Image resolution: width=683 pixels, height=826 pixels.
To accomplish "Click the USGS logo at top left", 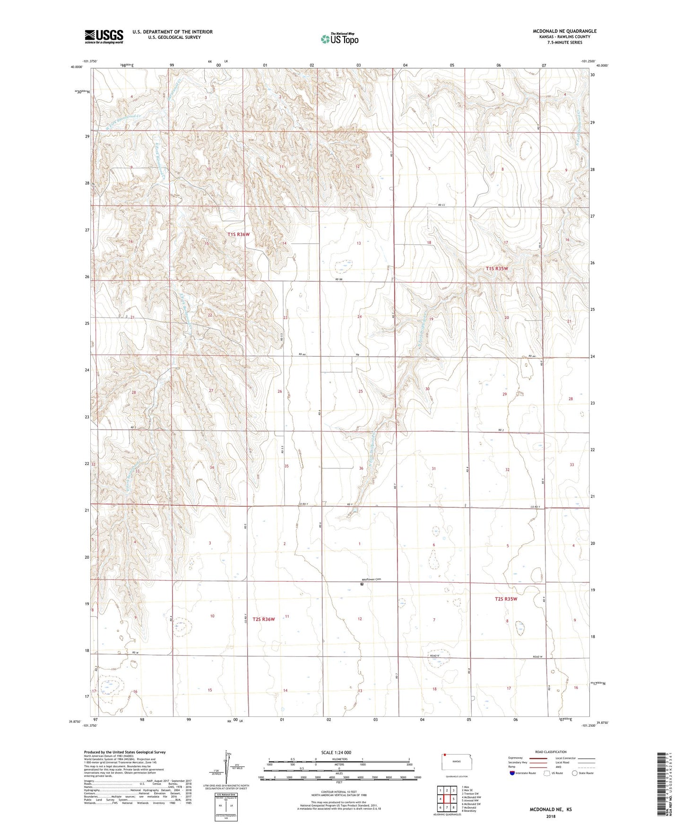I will point(104,36).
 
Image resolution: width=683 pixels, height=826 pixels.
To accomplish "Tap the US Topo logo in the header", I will point(339,39).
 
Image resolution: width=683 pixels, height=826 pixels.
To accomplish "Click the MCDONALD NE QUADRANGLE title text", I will point(564,31).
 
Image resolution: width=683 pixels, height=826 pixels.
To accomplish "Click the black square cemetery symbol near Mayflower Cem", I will point(362,584).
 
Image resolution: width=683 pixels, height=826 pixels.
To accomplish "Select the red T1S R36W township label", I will point(238,234).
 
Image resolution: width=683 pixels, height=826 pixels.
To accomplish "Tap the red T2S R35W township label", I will point(506,599).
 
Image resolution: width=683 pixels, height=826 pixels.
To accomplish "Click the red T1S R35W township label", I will point(497,269).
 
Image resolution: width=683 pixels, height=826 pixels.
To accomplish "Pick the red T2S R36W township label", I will point(263,619).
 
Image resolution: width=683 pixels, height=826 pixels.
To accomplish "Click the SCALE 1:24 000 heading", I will point(336,753).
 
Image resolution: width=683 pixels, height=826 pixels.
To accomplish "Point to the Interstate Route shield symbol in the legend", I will point(512,773).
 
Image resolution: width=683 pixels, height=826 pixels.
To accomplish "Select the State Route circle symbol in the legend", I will point(575,773).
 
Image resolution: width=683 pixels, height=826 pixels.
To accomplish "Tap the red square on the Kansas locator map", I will point(445,756).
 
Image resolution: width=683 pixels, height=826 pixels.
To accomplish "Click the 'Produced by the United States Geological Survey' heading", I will point(125,752).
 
